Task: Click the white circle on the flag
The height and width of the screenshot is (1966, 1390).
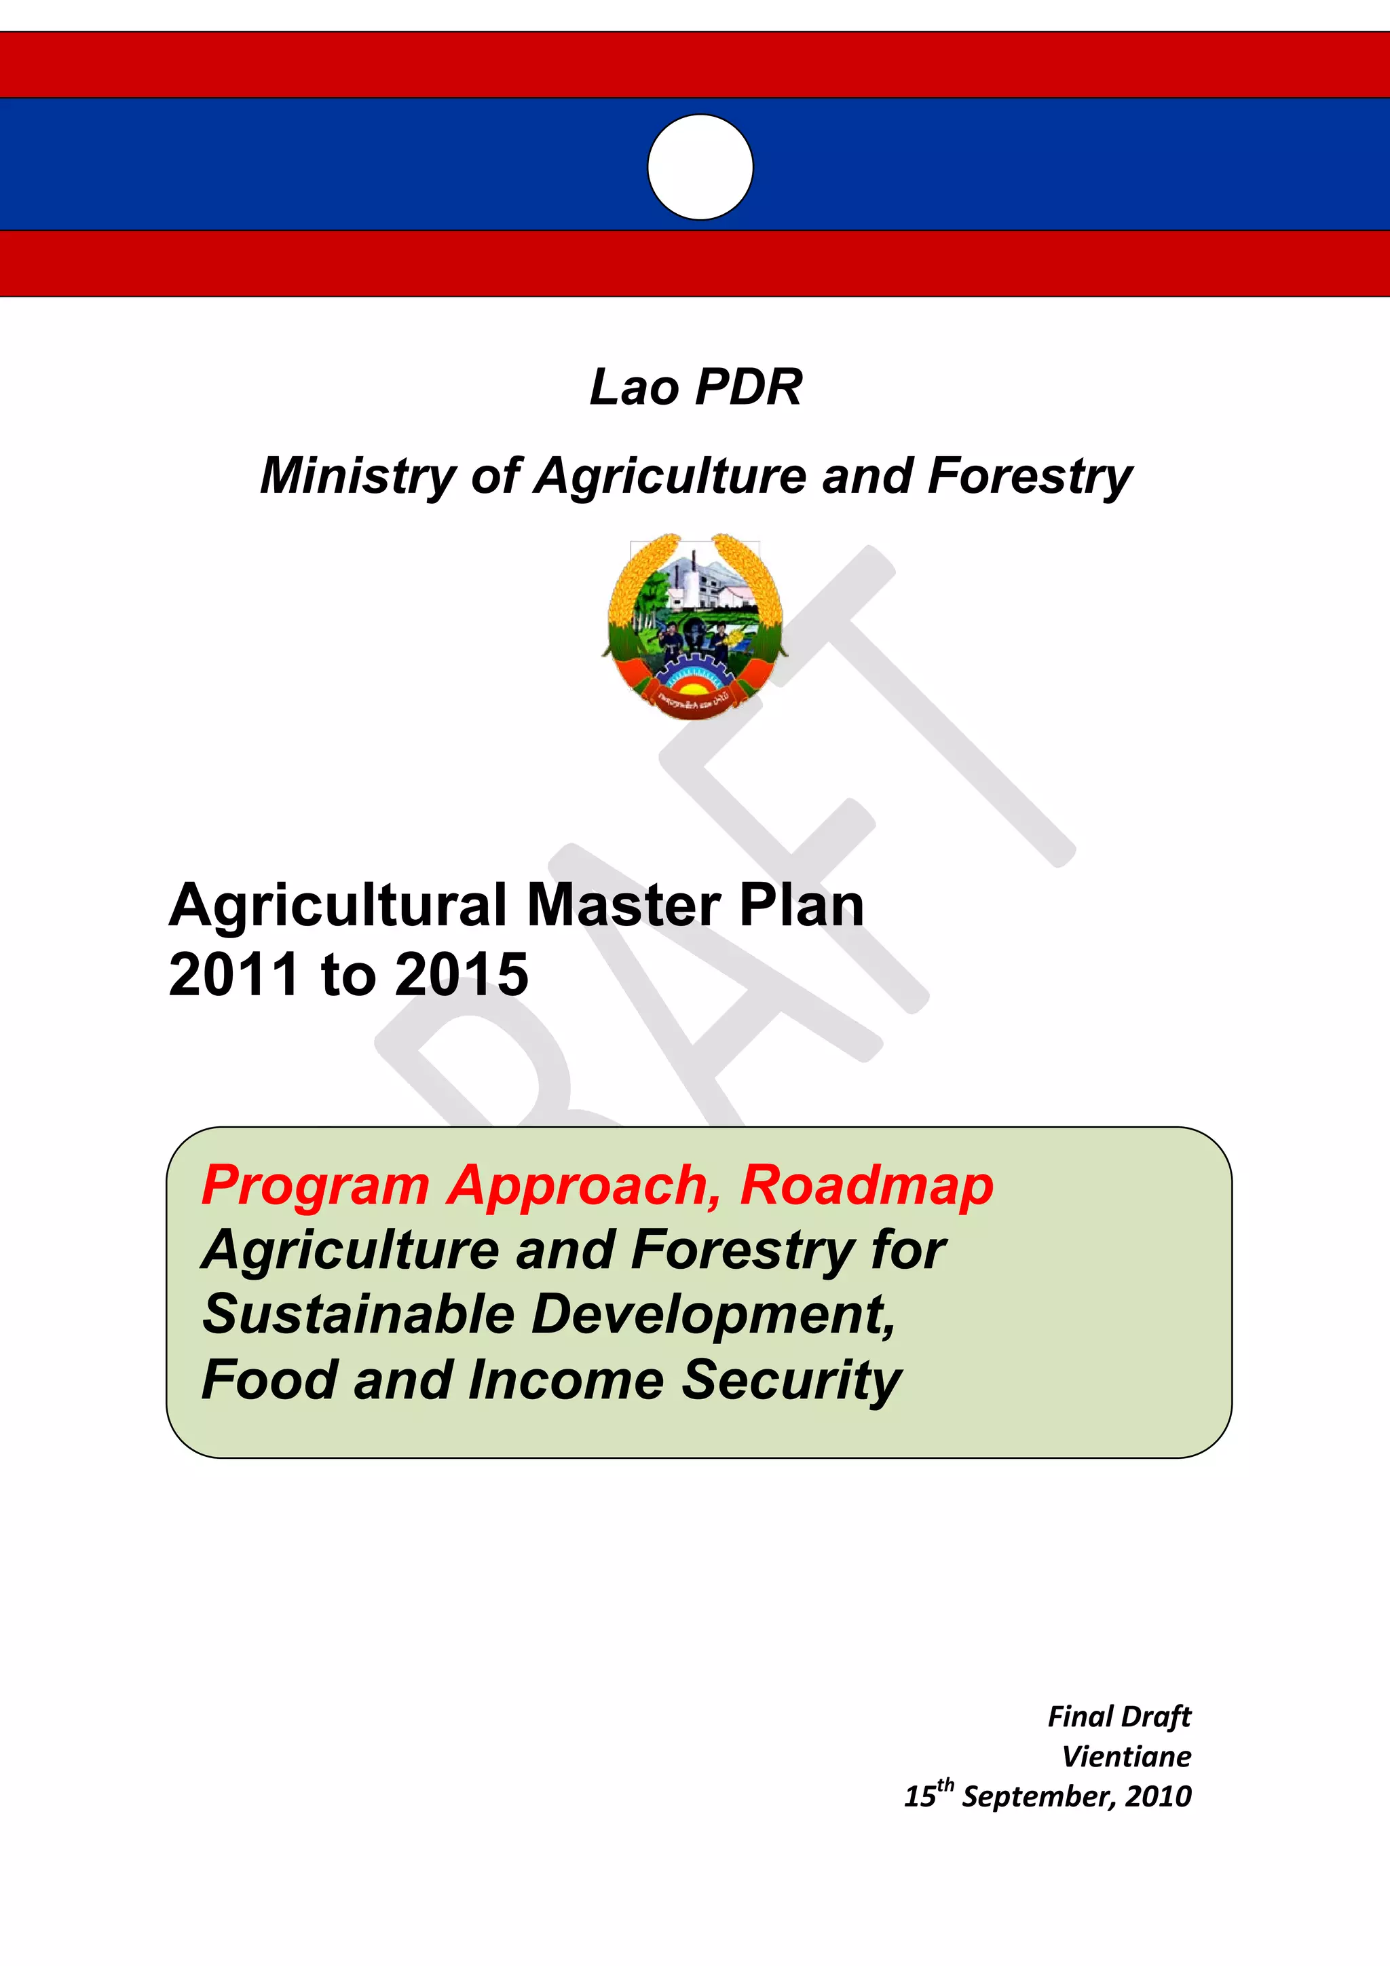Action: click(x=700, y=167)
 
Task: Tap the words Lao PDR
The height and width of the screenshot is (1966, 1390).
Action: click(x=696, y=387)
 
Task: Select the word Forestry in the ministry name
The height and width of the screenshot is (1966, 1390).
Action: click(x=1030, y=477)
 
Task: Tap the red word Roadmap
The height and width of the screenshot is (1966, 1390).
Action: click(x=866, y=1186)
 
